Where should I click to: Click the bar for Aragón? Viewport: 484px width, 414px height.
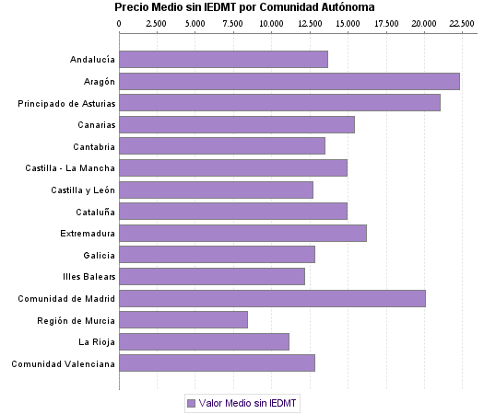click(x=289, y=81)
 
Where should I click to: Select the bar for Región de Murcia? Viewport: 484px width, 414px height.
click(x=183, y=320)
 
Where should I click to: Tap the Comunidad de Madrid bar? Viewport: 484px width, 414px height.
click(x=272, y=298)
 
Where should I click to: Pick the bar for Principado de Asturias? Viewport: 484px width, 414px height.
click(x=279, y=103)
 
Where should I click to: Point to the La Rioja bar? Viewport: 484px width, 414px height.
click(x=204, y=342)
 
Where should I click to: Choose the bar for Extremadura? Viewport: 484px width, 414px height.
click(x=242, y=233)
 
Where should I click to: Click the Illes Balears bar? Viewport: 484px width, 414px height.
click(x=212, y=276)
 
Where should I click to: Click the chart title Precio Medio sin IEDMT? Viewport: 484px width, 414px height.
click(x=244, y=7)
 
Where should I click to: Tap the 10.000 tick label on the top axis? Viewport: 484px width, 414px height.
click(x=272, y=22)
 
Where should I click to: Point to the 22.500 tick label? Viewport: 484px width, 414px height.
click(x=462, y=22)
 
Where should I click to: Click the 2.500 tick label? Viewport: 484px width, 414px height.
click(x=157, y=22)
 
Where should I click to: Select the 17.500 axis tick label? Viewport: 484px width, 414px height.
click(x=385, y=22)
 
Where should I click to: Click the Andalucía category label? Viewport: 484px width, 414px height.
click(x=92, y=60)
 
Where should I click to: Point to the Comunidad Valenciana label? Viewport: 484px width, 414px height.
click(x=64, y=364)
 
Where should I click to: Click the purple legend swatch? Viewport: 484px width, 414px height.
click(x=191, y=403)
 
